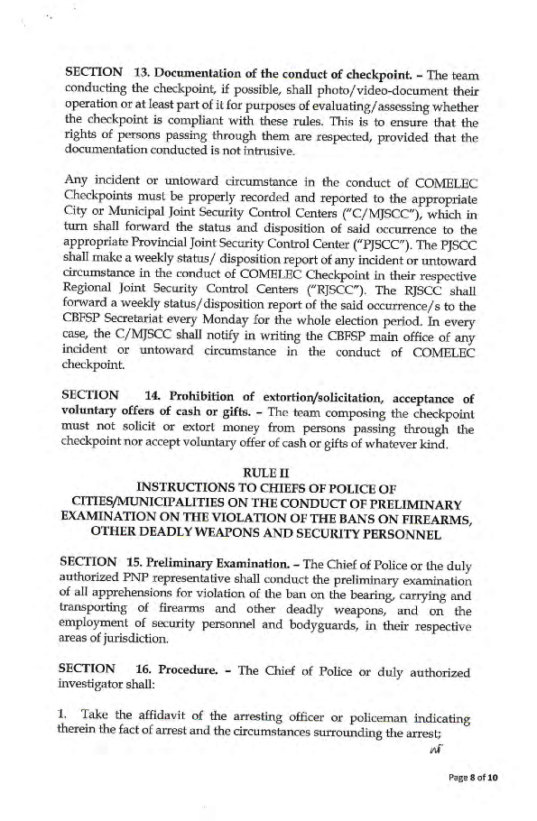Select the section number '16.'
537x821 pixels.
click(x=142, y=671)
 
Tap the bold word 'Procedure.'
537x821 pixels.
click(x=190, y=671)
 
